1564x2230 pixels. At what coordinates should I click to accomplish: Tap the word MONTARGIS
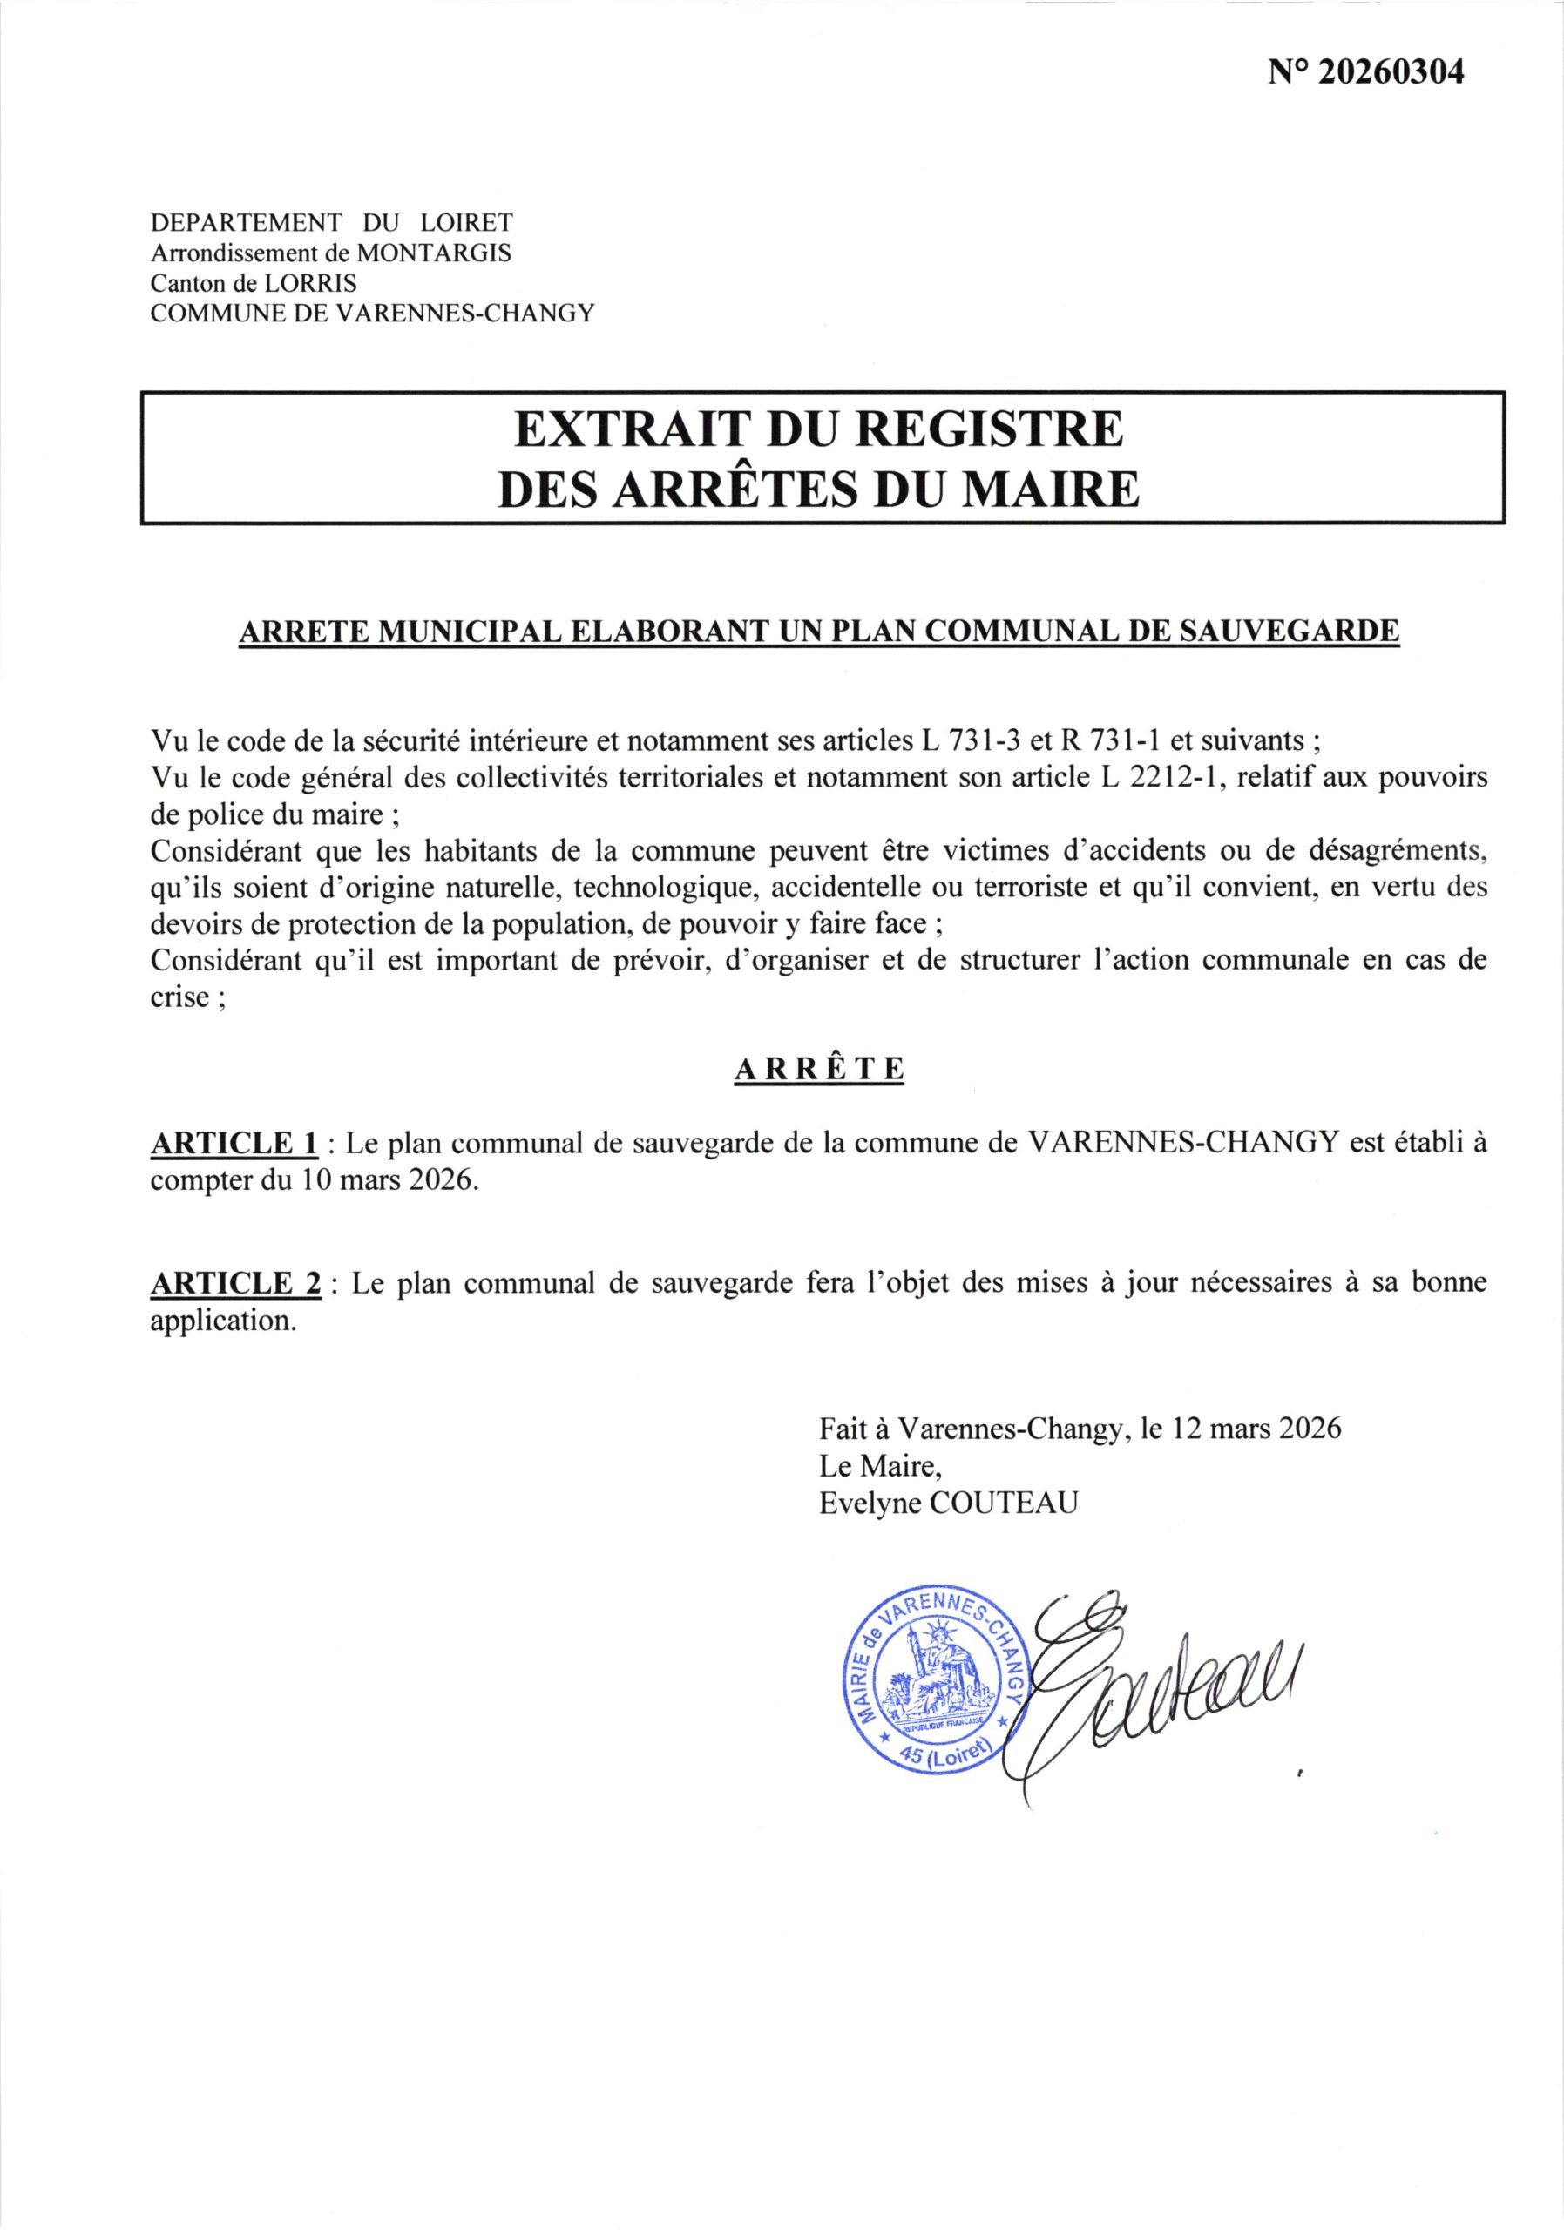tap(434, 253)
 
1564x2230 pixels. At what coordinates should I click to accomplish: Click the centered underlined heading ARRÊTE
tap(820, 1070)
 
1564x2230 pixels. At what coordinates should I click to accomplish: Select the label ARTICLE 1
tap(234, 1143)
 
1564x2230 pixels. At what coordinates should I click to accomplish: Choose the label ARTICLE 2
tap(235, 1283)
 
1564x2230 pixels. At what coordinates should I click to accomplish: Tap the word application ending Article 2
tap(222, 1321)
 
